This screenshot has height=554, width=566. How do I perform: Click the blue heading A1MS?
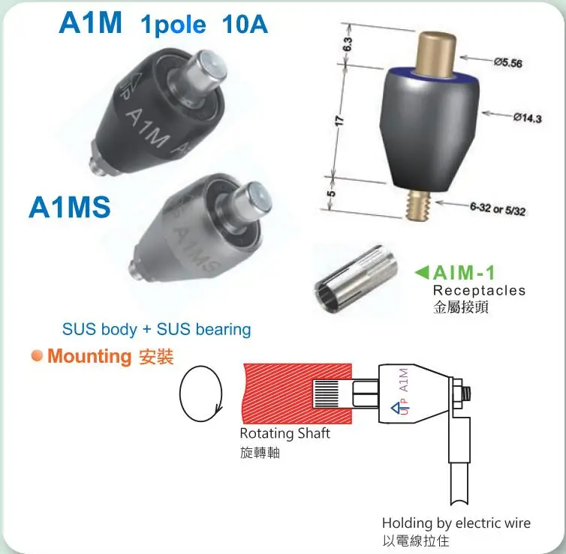coord(69,208)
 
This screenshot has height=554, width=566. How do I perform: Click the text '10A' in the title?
coord(245,25)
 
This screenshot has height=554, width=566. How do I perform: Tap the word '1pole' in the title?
coord(173,25)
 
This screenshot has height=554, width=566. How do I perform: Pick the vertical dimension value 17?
coord(339,119)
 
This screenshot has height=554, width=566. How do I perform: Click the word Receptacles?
coord(479,290)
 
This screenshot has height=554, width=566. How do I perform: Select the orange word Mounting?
coord(89,356)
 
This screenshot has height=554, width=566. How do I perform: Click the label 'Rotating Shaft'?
coord(285,433)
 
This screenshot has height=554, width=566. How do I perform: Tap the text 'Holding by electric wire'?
coord(456,523)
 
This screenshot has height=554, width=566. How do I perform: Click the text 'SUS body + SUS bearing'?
coord(156,329)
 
